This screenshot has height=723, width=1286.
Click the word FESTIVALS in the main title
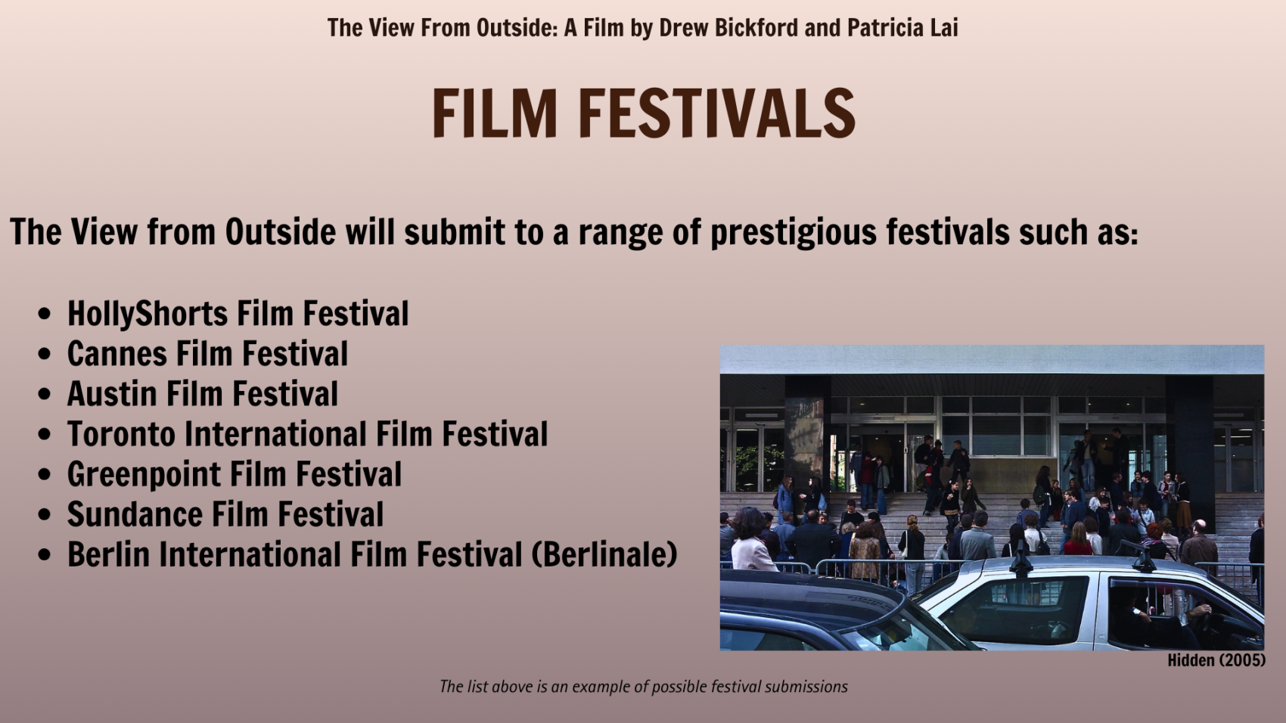[717, 113]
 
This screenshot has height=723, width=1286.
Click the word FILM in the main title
[494, 113]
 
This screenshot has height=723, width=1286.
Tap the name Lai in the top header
[944, 27]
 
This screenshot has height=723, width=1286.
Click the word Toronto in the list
[120, 434]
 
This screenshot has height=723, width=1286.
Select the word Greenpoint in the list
[144, 475]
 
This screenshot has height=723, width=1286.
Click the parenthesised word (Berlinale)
[604, 555]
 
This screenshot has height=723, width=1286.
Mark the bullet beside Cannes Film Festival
[44, 354]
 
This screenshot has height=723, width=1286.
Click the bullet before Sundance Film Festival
[44, 515]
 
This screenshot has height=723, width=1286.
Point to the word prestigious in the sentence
[794, 233]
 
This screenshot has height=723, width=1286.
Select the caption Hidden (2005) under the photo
[1216, 660]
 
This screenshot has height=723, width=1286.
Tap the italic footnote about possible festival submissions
[644, 687]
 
